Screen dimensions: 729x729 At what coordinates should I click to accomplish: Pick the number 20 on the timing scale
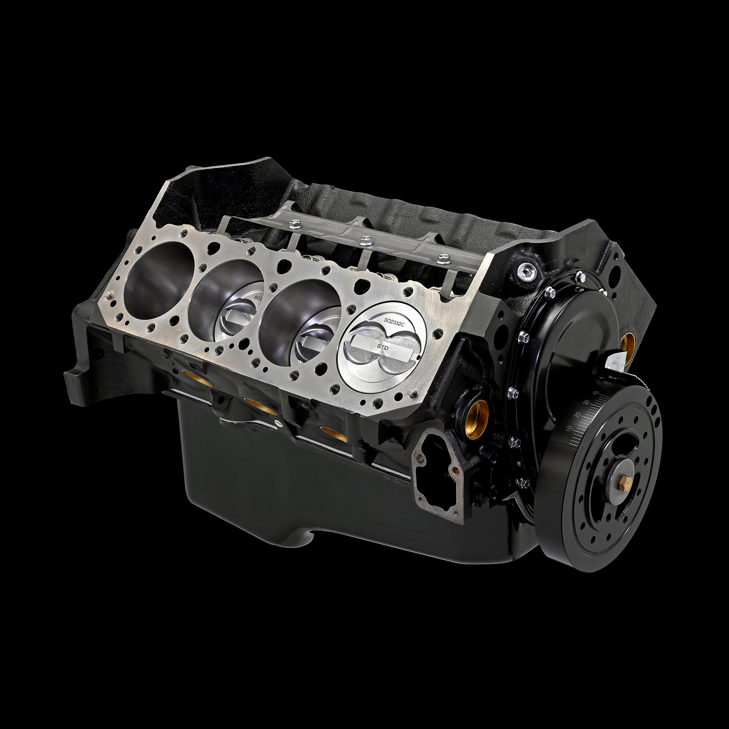pyautogui.click(x=577, y=415)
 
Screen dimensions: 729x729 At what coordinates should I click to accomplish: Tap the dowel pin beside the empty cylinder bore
pyautogui.click(x=109, y=295)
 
